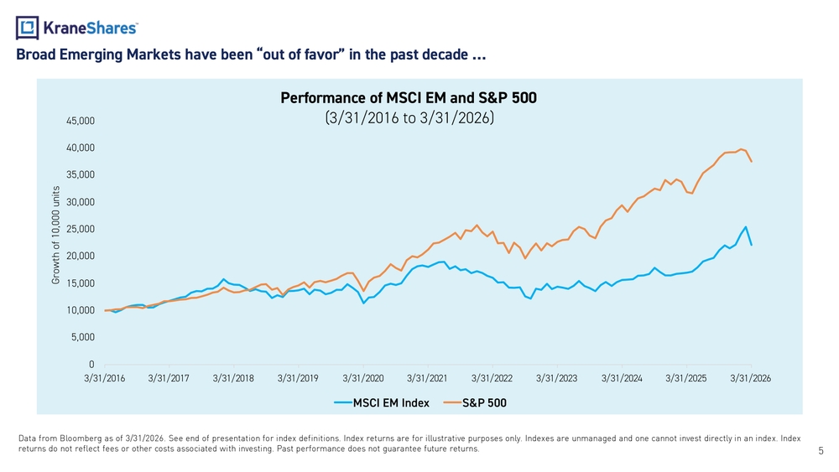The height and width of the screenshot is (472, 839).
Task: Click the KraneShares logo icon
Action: coord(28,28)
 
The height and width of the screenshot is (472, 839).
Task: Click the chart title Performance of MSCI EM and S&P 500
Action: coord(409,98)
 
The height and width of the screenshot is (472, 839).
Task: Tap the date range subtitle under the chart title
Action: coord(409,117)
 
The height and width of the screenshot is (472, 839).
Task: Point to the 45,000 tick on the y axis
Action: coord(81,121)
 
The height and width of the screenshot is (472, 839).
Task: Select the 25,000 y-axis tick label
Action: coord(81,229)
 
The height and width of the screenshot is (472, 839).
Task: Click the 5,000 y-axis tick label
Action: coord(83,337)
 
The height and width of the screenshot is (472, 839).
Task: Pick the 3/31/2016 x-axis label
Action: coord(104,378)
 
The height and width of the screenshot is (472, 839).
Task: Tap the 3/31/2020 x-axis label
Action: coord(362,378)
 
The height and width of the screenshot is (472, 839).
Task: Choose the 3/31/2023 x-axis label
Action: coord(556,378)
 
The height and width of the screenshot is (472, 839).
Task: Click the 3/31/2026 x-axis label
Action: coord(751,378)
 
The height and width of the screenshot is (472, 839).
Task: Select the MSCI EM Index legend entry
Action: coord(382,403)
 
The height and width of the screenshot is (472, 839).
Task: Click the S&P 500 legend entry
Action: coord(475,403)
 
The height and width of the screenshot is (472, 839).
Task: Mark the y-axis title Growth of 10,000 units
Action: coord(55,236)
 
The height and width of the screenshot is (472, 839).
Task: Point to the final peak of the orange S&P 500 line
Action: coord(741,149)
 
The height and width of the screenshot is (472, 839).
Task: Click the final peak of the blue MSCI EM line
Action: coord(745,226)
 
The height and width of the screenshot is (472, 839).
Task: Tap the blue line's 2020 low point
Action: coord(363,303)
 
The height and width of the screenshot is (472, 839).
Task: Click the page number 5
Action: coord(821,451)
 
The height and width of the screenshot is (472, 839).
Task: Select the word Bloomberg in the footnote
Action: coord(77,438)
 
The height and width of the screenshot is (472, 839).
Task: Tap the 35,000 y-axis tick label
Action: coord(81,174)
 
